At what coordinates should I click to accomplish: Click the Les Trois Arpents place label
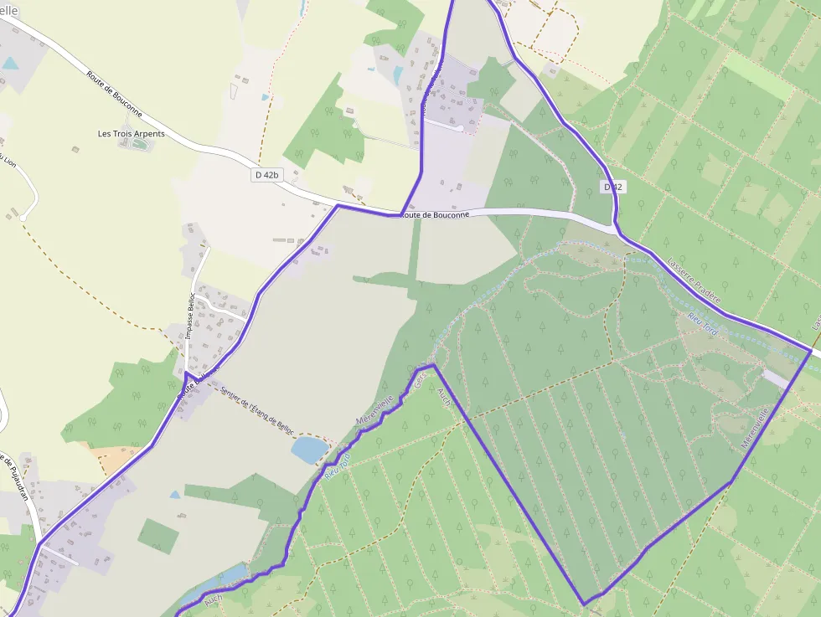coord(132,133)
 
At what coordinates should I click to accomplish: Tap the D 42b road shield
coord(266,175)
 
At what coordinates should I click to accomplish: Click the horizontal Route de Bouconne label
coord(436,215)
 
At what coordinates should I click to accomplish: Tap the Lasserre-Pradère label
coord(694,280)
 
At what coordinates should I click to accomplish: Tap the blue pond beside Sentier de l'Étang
coord(310,450)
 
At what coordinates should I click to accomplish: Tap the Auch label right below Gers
coord(444,398)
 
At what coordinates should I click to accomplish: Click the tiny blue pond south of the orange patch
coord(174,495)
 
